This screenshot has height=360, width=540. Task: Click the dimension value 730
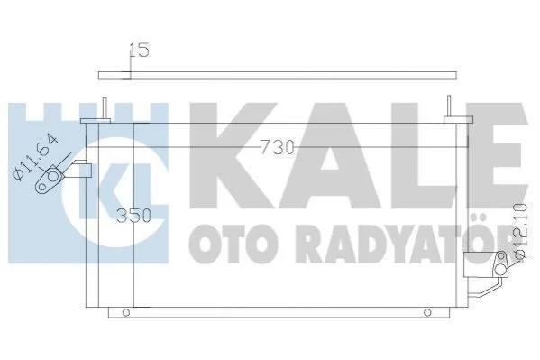pos(278,148)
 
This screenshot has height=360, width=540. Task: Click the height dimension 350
pos(133,216)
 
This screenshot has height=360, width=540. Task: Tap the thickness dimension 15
pos(140,51)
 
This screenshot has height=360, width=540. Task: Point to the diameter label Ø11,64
pos(35,157)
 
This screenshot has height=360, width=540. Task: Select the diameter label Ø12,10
pos(519,230)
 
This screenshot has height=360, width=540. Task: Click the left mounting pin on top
pos(105,108)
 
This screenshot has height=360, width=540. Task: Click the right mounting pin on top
pos(449,106)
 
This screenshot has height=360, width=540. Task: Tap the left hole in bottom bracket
pos(126,313)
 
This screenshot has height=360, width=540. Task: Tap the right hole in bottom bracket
pos(427,313)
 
